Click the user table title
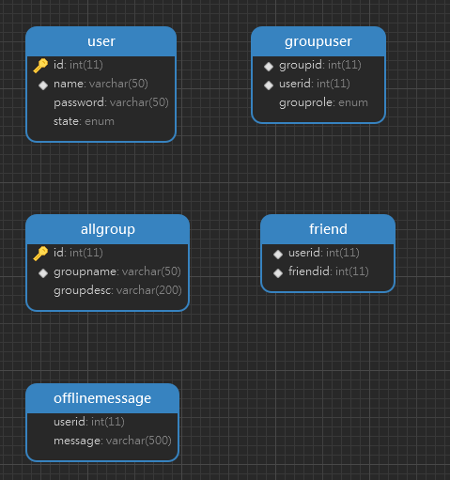click(x=101, y=41)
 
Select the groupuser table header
click(x=318, y=41)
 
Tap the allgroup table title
click(x=108, y=229)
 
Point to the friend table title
click(x=328, y=229)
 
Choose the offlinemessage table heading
click(x=102, y=398)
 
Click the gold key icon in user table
click(x=40, y=66)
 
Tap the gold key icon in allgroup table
click(x=40, y=254)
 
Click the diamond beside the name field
click(x=43, y=85)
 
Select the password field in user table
click(x=111, y=102)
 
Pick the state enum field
click(x=84, y=121)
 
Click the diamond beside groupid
click(x=269, y=67)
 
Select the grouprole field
click(x=323, y=102)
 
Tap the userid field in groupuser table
click(x=315, y=84)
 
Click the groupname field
click(x=117, y=271)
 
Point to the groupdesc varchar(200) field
click(x=117, y=290)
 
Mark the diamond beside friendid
click(x=278, y=273)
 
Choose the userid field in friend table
click(x=324, y=253)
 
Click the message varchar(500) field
click(x=113, y=441)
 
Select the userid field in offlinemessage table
click(x=89, y=422)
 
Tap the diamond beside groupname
click(x=43, y=273)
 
